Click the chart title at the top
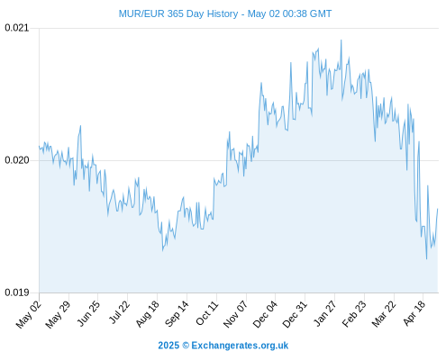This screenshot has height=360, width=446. coord(225,13)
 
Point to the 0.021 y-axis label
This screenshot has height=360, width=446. coord(17,28)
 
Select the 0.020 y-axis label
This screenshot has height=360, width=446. coord(17,160)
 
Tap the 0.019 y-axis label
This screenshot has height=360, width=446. coord(17,292)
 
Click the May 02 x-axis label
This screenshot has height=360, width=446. coord(29,314)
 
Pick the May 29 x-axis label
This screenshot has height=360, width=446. coord(58,314)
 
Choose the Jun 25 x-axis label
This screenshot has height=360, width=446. coord(88,313)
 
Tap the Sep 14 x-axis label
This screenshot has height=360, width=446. coord(177,313)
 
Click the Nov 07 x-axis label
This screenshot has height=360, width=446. coord(236,314)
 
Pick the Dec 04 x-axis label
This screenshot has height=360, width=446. coord(265,314)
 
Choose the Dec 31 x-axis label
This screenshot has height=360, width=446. coord(295,314)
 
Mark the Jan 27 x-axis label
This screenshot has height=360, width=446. coord(325,313)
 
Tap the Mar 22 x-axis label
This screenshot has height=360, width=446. coord(384,314)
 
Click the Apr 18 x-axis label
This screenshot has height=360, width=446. coord(414,313)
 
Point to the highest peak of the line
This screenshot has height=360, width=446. coord(341,40)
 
